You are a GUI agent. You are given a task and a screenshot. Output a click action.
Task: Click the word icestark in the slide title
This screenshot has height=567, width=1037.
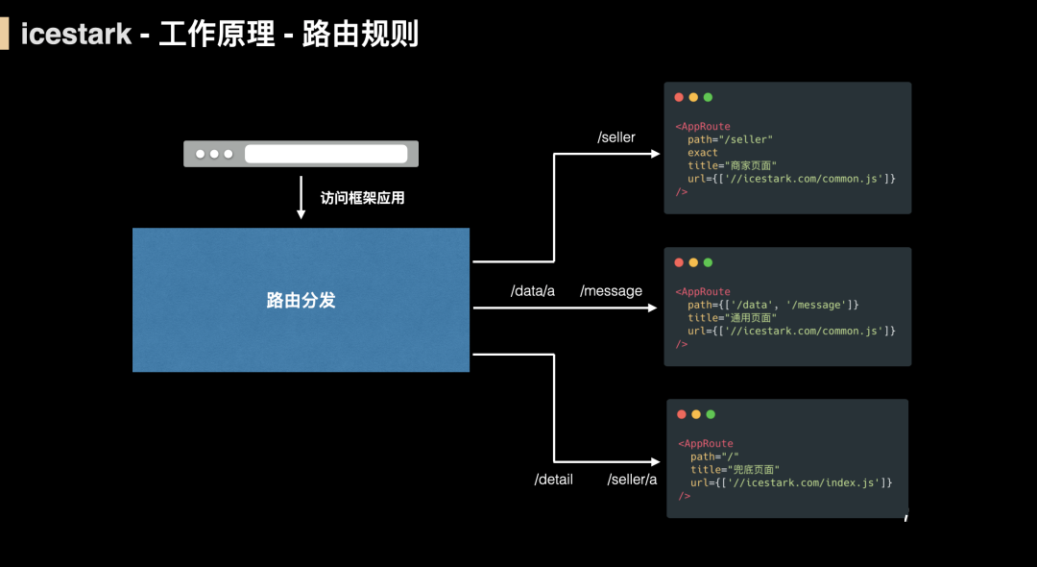76,34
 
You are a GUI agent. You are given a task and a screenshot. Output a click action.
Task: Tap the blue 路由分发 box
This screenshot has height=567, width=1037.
301,300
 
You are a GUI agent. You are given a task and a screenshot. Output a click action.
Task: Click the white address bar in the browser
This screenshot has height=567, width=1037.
326,154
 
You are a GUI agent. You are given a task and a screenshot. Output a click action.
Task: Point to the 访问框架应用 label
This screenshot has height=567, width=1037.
362,198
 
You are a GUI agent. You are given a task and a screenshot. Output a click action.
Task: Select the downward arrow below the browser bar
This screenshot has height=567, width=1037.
301,197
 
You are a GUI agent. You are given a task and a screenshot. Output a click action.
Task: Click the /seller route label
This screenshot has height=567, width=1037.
616,137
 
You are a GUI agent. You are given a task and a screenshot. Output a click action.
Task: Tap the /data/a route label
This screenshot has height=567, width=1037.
532,291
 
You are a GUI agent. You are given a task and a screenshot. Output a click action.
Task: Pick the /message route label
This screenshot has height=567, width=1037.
611,291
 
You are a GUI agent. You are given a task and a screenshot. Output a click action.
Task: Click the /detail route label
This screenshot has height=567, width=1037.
554,480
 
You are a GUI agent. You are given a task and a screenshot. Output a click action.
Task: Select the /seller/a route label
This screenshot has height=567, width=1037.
632,480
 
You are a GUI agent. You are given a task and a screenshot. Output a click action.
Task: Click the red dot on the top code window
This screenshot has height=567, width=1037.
679,97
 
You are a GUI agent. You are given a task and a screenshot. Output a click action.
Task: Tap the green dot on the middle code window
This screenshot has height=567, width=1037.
708,262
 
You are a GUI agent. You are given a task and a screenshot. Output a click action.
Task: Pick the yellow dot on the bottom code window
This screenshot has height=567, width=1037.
696,414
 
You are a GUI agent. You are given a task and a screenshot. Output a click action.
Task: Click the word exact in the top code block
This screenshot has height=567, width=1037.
702,153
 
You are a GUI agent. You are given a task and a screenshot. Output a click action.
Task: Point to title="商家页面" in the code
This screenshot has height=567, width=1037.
732,165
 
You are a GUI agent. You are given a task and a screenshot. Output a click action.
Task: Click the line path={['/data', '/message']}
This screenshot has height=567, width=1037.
773,305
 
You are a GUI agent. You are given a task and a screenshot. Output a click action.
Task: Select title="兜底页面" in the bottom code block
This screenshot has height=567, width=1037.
735,470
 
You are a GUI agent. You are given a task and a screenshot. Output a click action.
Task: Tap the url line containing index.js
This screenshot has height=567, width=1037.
791,483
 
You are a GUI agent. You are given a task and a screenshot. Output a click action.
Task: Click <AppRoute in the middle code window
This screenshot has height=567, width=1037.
703,292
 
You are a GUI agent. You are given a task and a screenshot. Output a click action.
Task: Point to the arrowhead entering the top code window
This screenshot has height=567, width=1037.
656,154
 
